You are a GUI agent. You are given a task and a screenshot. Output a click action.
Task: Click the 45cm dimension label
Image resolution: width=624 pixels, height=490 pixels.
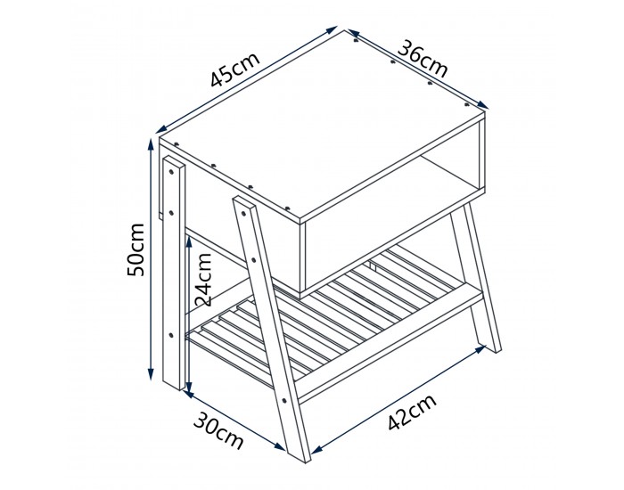235,69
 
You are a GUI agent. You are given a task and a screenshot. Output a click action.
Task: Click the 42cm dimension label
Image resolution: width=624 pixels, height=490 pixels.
412,412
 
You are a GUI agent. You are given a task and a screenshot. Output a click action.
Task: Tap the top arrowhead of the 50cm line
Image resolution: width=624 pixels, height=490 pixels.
151,143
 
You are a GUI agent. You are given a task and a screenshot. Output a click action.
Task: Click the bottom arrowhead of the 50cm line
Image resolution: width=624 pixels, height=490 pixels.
151,374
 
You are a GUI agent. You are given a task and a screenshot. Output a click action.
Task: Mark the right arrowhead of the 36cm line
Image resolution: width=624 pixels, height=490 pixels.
483,104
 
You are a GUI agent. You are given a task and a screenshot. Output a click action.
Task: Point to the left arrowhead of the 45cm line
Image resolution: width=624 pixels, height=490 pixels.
161,128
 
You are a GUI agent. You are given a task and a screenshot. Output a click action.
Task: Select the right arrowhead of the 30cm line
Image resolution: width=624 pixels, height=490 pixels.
280,446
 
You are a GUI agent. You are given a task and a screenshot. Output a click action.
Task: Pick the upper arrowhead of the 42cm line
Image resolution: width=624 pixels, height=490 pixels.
480,349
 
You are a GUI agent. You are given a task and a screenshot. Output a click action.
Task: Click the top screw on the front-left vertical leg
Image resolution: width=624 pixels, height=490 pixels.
171,172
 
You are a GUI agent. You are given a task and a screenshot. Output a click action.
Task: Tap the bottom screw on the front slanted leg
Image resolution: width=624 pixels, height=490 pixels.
284,401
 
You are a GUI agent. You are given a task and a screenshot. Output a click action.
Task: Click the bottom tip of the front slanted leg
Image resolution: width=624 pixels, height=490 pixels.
306,462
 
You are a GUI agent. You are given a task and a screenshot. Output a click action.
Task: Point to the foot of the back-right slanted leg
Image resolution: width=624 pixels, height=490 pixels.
497,351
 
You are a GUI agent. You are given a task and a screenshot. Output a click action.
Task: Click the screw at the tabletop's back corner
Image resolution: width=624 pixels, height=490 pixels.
356,40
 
